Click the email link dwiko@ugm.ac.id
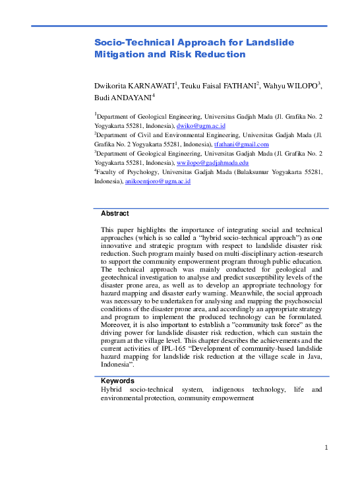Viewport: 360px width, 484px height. coord(201,125)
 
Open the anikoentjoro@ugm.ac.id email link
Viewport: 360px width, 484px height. coord(158,181)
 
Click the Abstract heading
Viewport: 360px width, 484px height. coord(115,214)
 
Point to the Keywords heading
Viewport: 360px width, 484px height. coord(117,381)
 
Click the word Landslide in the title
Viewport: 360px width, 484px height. coord(270,43)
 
